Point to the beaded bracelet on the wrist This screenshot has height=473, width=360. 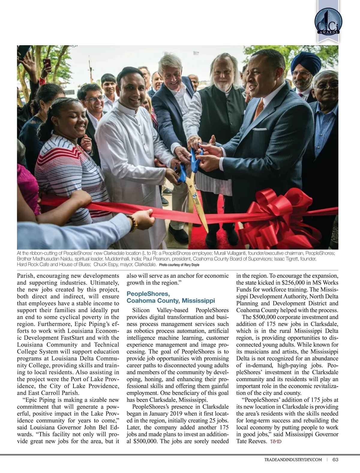pyautogui.click(x=133, y=222)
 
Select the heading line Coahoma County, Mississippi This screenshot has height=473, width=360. pyautogui.click(x=171, y=300)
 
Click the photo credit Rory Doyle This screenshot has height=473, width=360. pyautogui.click(x=191, y=265)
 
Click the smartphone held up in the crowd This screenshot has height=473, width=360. pyautogui.click(x=46, y=63)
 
